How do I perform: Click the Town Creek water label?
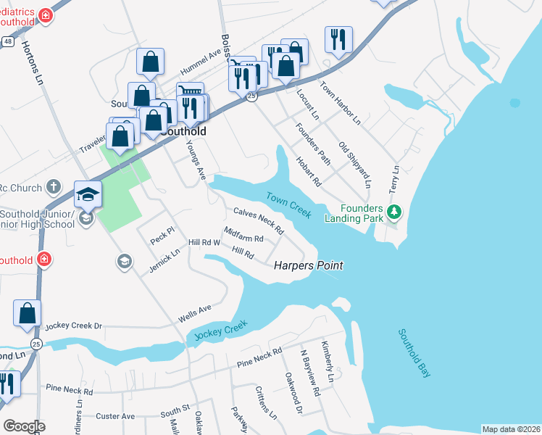coord(288,205)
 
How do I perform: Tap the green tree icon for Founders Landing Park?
coord(394,212)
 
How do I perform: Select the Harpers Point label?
coord(308,266)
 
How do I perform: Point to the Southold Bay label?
coord(414,353)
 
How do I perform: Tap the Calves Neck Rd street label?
coord(258,220)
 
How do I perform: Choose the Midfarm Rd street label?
coord(243,234)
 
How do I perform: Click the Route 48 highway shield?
coord(7,43)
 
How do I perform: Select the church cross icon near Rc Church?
coord(53,188)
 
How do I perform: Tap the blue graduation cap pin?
coord(88,194)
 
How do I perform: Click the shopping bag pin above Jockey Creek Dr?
coord(27,313)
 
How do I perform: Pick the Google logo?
coord(25,426)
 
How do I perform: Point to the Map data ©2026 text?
coord(510,429)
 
